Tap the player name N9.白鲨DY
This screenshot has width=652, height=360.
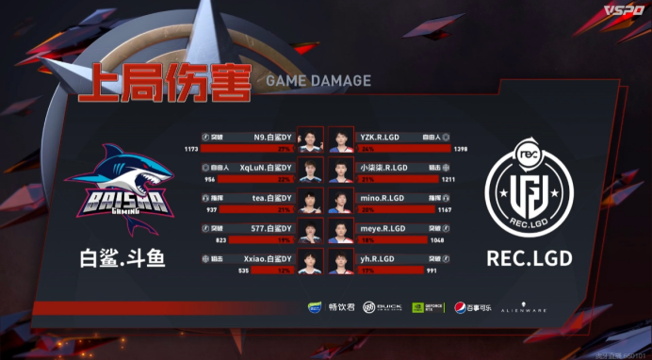(272, 138)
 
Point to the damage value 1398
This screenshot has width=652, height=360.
(461, 149)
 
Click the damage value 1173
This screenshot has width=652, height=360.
(191, 149)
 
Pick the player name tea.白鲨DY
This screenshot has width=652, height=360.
(273, 197)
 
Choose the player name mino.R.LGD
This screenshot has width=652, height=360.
(382, 197)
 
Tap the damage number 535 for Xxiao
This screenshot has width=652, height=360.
(194, 270)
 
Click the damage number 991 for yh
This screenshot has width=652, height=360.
(458, 270)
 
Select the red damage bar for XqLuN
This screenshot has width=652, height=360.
(249, 179)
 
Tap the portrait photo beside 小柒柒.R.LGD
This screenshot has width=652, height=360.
(337, 172)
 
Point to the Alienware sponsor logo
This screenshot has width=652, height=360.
(523, 307)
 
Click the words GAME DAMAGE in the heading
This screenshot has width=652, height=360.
(318, 81)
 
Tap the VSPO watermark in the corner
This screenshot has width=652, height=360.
(624, 10)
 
